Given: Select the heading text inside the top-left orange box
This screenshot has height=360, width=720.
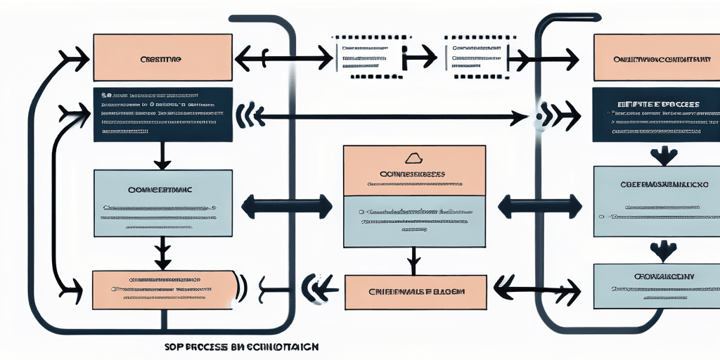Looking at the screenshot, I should [161, 60].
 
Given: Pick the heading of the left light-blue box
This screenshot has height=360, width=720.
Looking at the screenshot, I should [161, 189].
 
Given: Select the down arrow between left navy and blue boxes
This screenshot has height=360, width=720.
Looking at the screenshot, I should [162, 155].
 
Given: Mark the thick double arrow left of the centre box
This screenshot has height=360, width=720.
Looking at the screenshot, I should [285, 207].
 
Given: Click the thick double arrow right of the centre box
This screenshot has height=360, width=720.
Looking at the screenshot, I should [540, 207].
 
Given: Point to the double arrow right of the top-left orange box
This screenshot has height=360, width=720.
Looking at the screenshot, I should [282, 58].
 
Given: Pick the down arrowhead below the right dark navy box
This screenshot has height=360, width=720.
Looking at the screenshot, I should [663, 155].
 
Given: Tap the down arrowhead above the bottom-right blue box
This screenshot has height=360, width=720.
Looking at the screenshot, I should [663, 250].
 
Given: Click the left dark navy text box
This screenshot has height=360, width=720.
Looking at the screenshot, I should [162, 115].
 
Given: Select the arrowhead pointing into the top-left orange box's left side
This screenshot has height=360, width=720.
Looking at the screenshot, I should [74, 58].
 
